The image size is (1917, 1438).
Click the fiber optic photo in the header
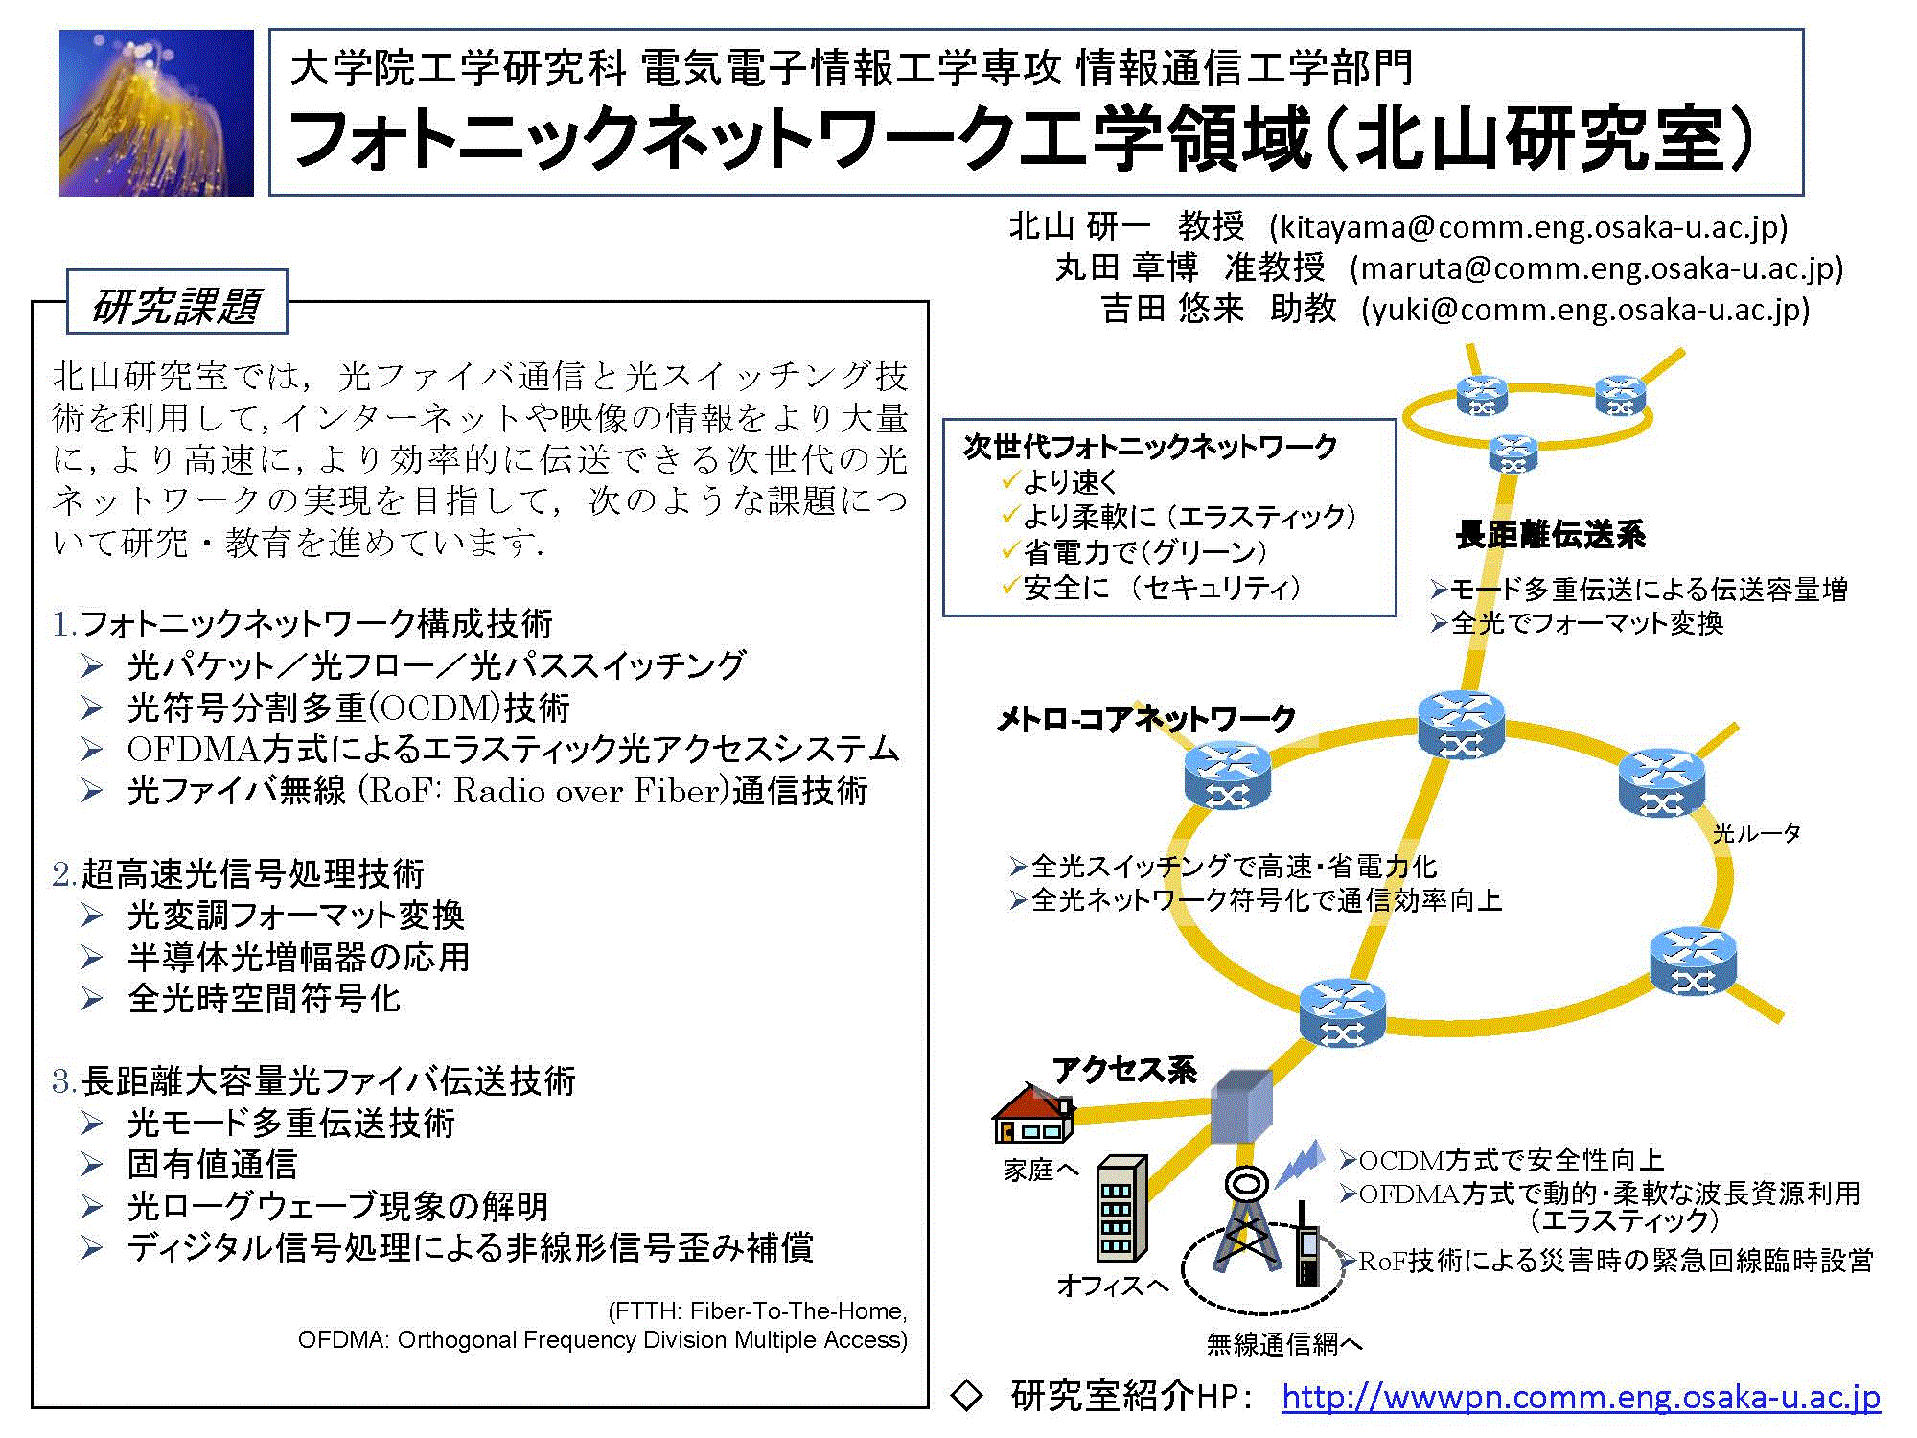[x=156, y=112]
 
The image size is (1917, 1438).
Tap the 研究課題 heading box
[x=177, y=302]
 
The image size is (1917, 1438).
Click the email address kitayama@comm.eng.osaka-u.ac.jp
[x=1529, y=227]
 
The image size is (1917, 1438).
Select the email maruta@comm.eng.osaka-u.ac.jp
[x=1596, y=268]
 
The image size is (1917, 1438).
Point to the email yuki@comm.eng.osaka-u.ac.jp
[x=1585, y=310]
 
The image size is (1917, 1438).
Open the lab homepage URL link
[x=1581, y=1397]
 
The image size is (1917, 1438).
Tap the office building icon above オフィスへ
[x=1121, y=1209]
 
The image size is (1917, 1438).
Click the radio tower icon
[x=1246, y=1218]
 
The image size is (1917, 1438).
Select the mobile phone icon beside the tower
[x=1307, y=1245]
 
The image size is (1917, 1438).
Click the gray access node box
[x=1241, y=1107]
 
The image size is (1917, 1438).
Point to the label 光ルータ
[x=1757, y=833]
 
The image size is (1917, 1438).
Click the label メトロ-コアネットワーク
[x=1146, y=718]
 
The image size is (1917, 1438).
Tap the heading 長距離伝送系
[x=1550, y=535]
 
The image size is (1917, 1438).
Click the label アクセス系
[x=1124, y=1070]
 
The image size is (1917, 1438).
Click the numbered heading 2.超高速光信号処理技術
[x=238, y=874]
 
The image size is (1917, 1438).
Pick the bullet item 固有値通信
[x=212, y=1165]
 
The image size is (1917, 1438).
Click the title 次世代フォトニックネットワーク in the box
[x=1150, y=447]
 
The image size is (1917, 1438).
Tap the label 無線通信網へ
[x=1284, y=1345]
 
